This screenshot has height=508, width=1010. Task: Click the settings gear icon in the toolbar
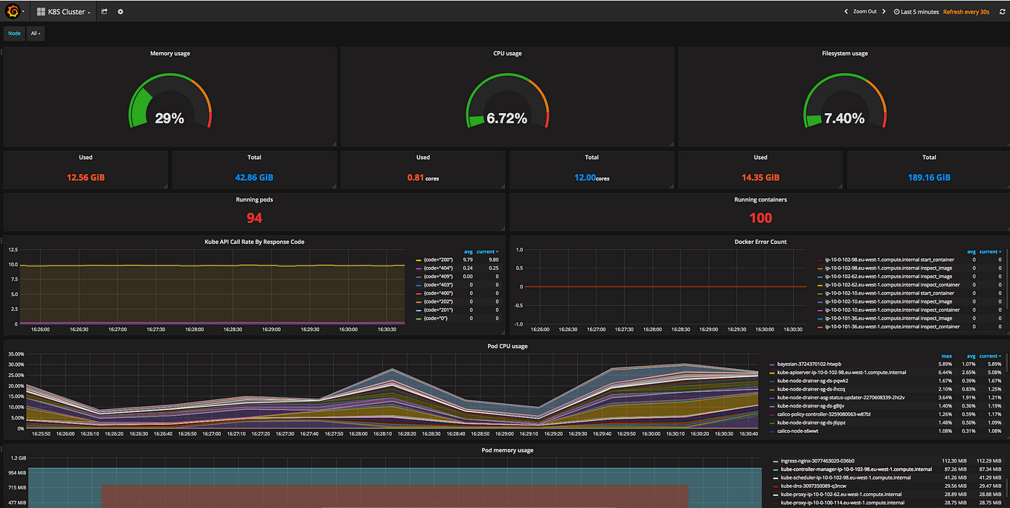tap(120, 12)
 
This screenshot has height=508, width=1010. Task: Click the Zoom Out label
tap(864, 12)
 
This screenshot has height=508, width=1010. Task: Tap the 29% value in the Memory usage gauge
tap(170, 118)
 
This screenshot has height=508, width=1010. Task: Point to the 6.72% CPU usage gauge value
tap(506, 118)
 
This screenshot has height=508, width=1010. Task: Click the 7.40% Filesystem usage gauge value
tap(844, 118)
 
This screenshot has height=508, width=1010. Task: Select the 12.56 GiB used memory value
tap(86, 178)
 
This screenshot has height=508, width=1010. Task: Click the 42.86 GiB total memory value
tap(254, 178)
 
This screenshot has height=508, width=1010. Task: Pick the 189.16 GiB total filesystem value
tap(929, 178)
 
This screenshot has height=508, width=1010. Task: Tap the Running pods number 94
tap(254, 218)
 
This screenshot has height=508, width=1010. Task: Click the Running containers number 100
tap(760, 218)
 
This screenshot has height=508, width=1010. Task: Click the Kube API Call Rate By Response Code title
tap(254, 242)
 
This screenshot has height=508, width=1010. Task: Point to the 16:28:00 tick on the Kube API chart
tap(194, 329)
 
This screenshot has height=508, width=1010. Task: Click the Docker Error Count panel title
tap(760, 242)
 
